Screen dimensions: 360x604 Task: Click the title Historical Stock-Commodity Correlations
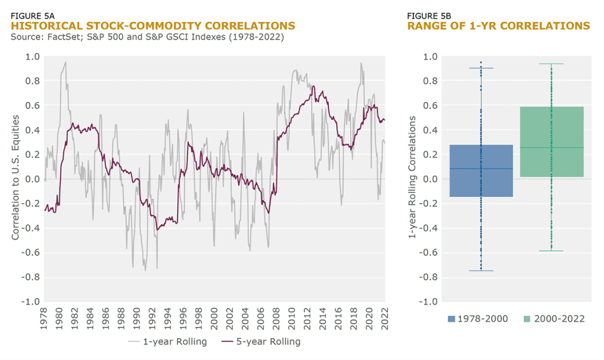pyautogui.click(x=153, y=26)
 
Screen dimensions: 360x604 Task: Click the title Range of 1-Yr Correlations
pyautogui.click(x=498, y=26)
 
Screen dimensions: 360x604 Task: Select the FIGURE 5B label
pyautogui.click(x=428, y=15)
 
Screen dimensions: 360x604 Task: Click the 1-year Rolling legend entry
pyautogui.click(x=168, y=342)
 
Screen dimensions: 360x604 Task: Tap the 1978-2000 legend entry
pyautogui.click(x=472, y=319)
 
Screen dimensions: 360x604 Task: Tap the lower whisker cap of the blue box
pyautogui.click(x=481, y=271)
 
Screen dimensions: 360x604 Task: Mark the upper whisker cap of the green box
pyautogui.click(x=552, y=64)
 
